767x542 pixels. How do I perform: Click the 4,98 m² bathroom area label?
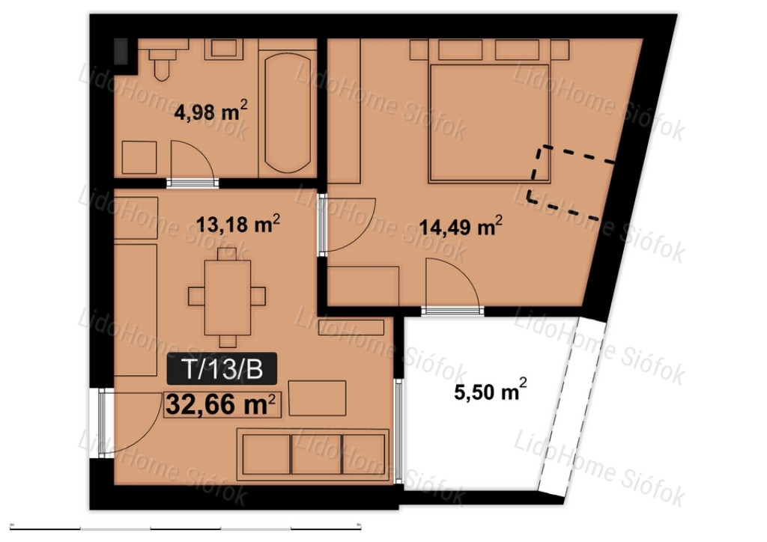210,111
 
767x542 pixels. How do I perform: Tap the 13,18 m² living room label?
238,224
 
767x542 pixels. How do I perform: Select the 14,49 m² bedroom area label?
461,226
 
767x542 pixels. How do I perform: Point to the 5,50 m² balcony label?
491,391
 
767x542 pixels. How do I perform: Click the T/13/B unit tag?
222,369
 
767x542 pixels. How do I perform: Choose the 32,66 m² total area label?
222,405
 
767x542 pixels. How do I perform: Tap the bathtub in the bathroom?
288,112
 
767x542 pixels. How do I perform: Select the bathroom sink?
224,49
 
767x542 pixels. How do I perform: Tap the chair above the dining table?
227,254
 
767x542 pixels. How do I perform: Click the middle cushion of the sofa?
316,454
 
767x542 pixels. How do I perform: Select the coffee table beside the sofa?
317,398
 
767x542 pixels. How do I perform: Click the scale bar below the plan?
186,527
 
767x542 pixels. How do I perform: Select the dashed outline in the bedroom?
571,182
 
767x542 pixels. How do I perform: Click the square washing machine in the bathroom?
139,157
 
